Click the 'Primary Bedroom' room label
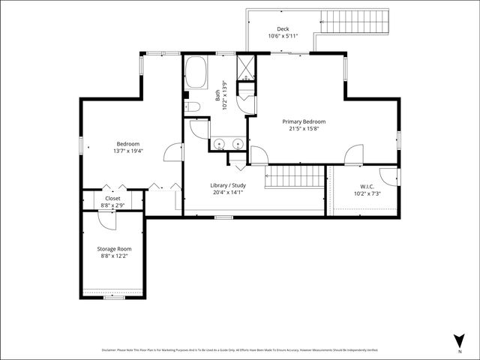[x=304, y=121]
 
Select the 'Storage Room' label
[x=114, y=248]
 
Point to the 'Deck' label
[x=283, y=29]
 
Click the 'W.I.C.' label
[x=367, y=186]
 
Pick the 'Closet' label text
[x=112, y=198]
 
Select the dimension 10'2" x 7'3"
[x=367, y=193]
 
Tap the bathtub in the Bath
[x=196, y=74]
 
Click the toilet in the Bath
[x=193, y=106]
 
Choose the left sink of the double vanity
[x=219, y=142]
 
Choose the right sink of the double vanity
[x=238, y=142]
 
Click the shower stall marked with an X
[x=245, y=67]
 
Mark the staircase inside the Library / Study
[x=295, y=177]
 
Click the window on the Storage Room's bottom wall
[x=114, y=298]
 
